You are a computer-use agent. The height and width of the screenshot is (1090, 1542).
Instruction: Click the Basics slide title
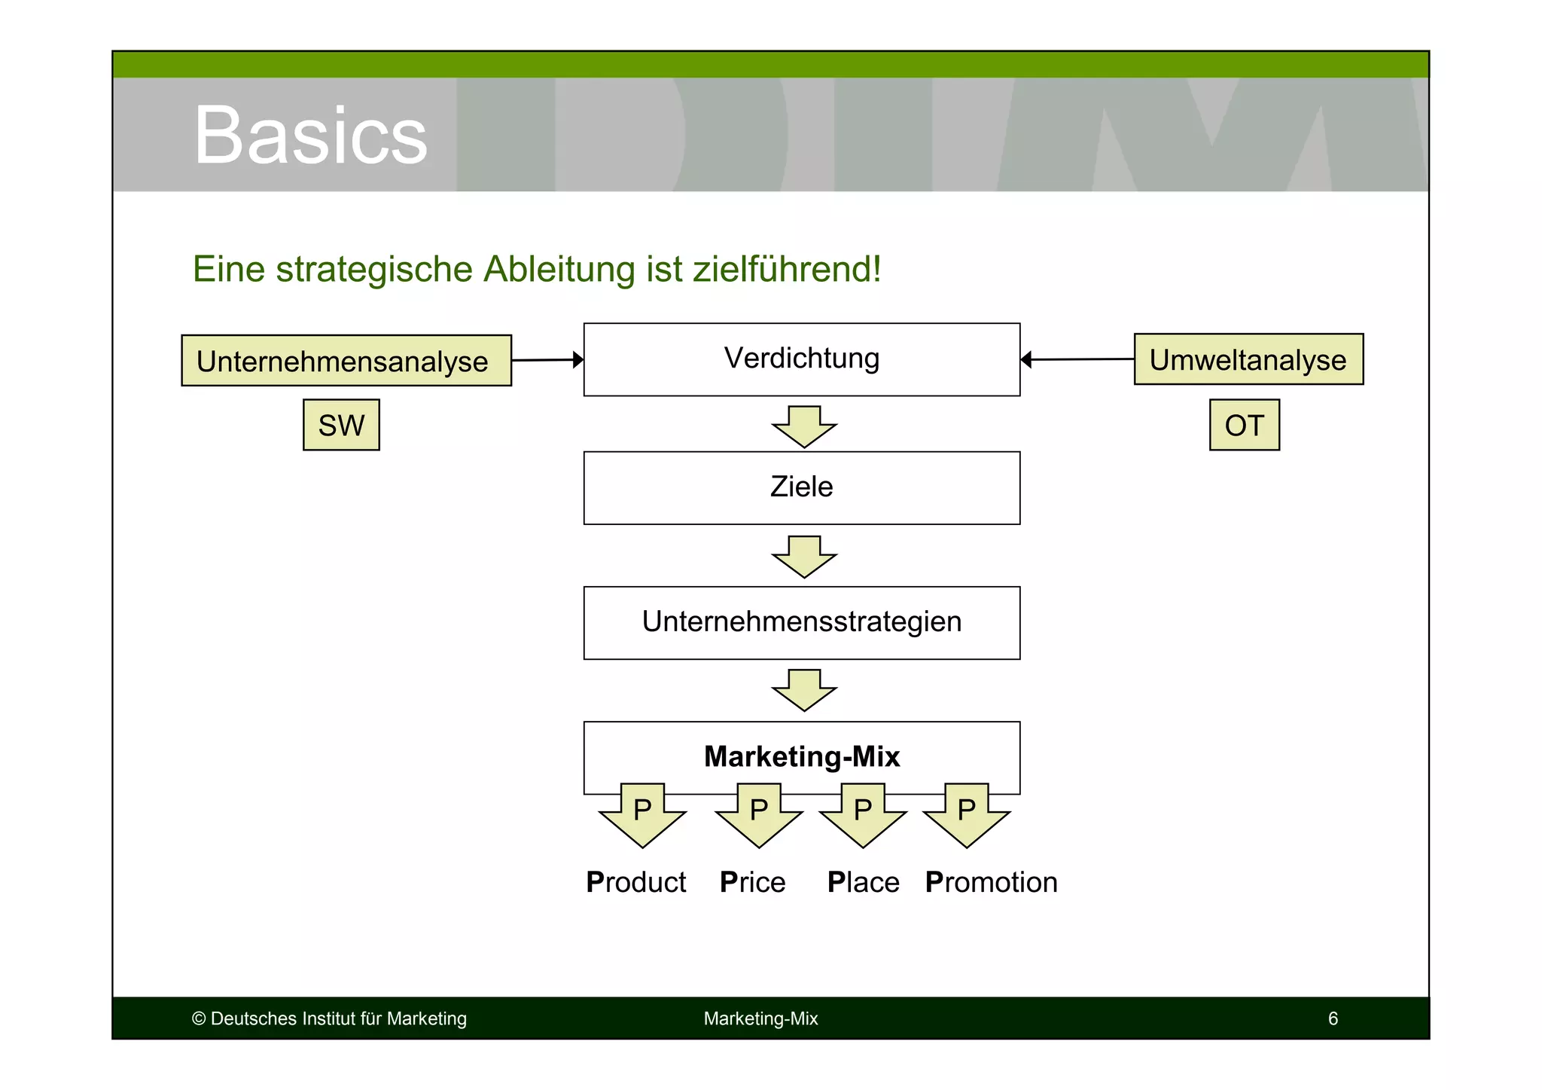click(x=309, y=136)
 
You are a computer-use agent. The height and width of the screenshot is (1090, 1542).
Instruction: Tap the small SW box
click(x=341, y=426)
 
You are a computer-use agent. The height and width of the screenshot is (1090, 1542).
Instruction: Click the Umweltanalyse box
click(x=1248, y=359)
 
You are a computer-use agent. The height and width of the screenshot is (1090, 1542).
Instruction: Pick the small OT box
click(x=1244, y=426)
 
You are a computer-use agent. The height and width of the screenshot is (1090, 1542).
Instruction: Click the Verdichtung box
click(x=801, y=359)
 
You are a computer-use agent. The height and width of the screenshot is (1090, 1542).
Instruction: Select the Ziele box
click(x=801, y=487)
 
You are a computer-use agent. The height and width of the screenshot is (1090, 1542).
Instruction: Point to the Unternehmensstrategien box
click(x=801, y=622)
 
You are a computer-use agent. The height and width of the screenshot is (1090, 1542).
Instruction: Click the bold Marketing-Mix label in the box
click(x=801, y=756)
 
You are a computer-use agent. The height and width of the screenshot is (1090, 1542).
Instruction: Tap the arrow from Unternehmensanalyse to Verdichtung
click(x=547, y=360)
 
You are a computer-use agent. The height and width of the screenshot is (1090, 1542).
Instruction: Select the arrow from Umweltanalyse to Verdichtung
click(x=1077, y=359)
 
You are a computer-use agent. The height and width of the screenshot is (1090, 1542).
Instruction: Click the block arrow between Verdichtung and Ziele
click(x=804, y=427)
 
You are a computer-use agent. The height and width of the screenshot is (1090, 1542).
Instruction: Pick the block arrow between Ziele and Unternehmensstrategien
click(x=804, y=557)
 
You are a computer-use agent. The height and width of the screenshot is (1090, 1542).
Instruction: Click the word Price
click(x=752, y=882)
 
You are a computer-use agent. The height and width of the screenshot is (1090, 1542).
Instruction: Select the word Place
click(x=863, y=882)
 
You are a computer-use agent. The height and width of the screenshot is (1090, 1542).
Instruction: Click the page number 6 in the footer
click(x=1333, y=1018)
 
